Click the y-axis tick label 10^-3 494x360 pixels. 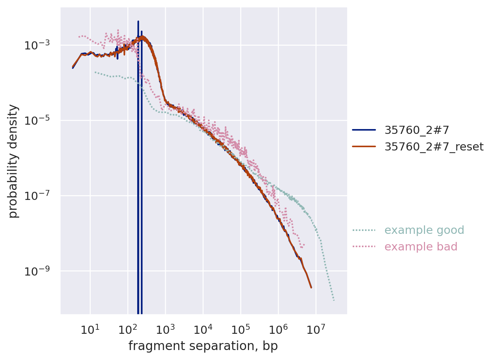click(37, 45)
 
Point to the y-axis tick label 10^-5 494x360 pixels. click(37, 121)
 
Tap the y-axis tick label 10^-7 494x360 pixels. click(37, 196)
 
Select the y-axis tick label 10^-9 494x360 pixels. click(37, 271)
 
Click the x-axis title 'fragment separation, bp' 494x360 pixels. click(203, 346)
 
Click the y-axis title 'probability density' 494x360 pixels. click(13, 161)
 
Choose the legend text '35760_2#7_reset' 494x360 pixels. click(434, 147)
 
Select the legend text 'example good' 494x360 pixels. click(424, 230)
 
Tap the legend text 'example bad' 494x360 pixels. click(421, 247)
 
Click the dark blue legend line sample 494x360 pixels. click(364, 130)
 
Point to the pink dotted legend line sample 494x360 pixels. click(364, 246)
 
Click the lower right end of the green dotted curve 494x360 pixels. click(334, 300)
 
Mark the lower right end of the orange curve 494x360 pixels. click(311, 287)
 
